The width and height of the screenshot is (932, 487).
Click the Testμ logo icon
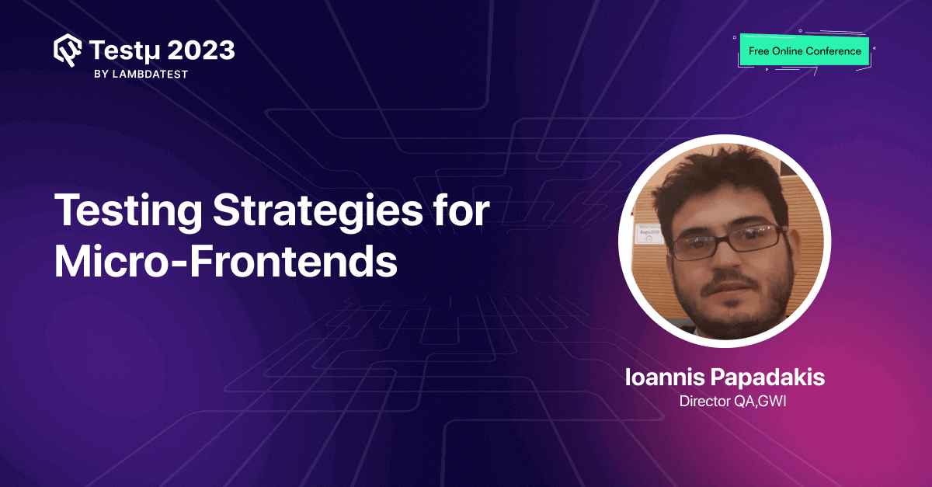(68, 50)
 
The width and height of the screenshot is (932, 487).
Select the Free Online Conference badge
(804, 51)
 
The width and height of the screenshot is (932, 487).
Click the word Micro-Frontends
(225, 263)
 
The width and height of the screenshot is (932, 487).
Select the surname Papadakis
(769, 378)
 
